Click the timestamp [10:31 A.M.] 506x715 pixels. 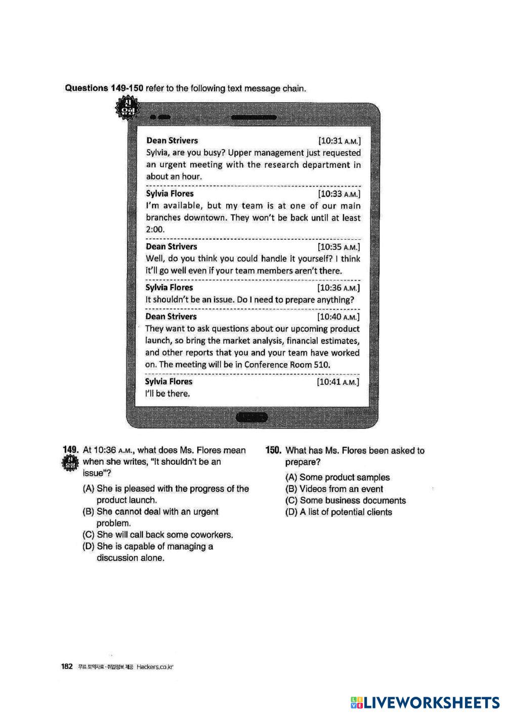pos(339,141)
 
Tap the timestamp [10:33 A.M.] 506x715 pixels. pos(339,194)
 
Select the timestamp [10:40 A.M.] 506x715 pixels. pos(338,317)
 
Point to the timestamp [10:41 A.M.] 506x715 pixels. pos(338,382)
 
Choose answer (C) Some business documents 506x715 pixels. pos(346,501)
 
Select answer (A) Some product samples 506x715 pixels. pos(338,477)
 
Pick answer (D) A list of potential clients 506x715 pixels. pos(339,512)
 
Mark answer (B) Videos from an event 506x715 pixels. pos(334,489)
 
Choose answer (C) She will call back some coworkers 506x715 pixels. pos(158,534)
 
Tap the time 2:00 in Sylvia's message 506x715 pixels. pos(156,230)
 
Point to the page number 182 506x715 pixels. pos(68,666)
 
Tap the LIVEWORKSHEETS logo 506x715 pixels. pos(425,702)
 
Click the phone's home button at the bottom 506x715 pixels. pos(252,417)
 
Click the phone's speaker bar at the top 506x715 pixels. pos(254,117)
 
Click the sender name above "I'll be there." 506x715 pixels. pos(168,382)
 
